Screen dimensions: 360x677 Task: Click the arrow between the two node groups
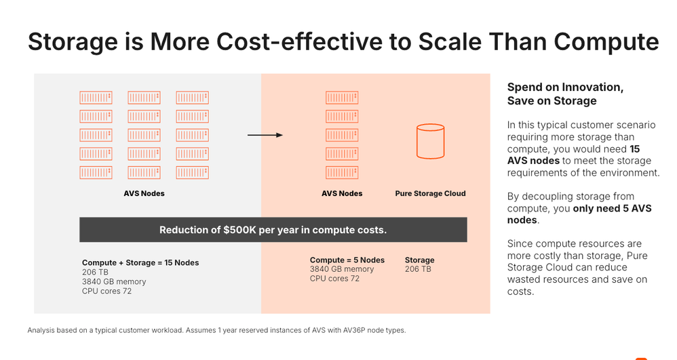[265, 135]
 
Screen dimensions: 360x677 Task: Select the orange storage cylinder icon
[430, 141]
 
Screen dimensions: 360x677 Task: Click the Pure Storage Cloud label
[430, 193]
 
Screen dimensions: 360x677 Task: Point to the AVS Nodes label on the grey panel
[144, 193]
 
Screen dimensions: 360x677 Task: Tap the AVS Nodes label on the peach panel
[342, 193]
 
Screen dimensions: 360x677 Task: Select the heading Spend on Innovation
[565, 87]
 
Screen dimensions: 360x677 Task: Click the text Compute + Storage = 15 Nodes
[140, 262]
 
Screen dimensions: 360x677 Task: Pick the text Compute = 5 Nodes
[347, 260]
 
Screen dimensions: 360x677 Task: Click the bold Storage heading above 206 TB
[419, 260]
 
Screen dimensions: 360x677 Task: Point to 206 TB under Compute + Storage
[95, 272]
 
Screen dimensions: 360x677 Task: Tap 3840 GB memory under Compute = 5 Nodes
[342, 269]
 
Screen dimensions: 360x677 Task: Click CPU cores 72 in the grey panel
[107, 291]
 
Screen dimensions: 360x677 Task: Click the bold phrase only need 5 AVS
[613, 208]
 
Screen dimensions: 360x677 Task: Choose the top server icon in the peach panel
[342, 98]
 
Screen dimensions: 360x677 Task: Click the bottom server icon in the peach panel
[342, 172]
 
